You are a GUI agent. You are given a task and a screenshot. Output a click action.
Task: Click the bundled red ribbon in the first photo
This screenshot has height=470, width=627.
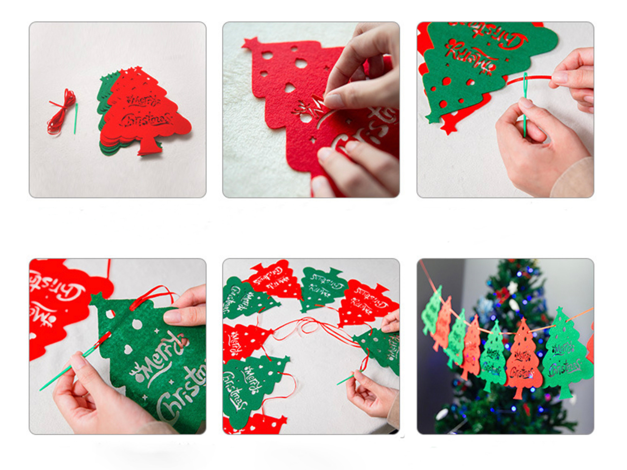pyautogui.click(x=62, y=112)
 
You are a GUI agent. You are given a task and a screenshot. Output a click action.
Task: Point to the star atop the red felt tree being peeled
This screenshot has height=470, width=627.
pyautogui.click(x=251, y=44)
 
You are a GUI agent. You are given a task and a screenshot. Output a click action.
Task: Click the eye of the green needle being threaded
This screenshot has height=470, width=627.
pyautogui.click(x=525, y=82)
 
